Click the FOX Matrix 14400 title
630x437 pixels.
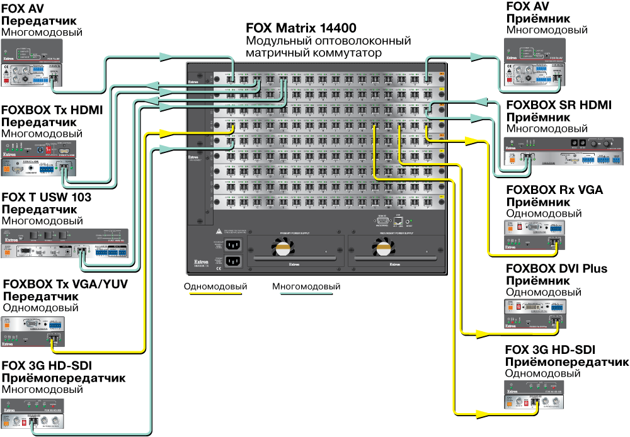coord(301,28)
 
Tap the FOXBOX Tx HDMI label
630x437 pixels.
coord(52,110)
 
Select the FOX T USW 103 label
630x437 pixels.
coord(47,198)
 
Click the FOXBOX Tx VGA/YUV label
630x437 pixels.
coord(66,285)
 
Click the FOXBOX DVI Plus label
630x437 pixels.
coord(556,269)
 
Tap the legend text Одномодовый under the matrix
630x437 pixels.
coord(215,287)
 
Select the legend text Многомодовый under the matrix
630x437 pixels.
coord(306,287)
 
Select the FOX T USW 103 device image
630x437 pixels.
coord(65,243)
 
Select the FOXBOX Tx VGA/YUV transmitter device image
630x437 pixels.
coord(34,331)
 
